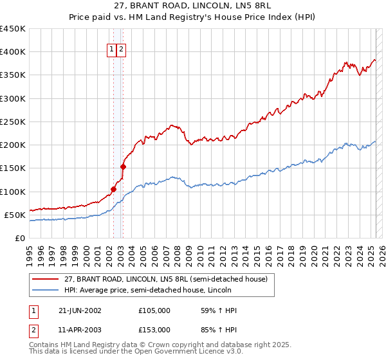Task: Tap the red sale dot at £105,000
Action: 113,189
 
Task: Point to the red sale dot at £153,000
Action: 123,166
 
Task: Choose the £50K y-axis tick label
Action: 15,215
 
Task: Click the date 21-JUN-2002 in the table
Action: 80,310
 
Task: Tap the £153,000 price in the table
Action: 154,329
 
